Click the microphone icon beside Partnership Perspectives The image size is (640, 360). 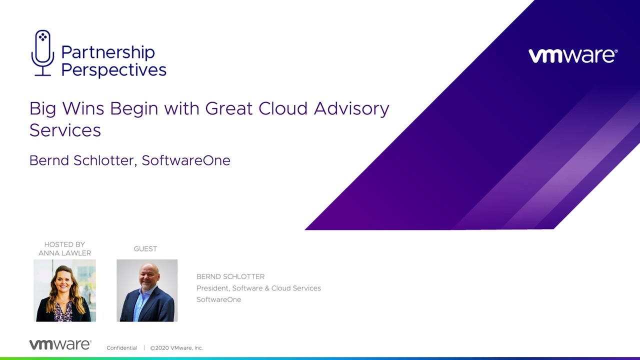tap(42, 53)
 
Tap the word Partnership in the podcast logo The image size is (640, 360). tap(108, 53)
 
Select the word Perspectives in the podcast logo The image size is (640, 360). tap(113, 70)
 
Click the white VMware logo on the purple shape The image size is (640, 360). tap(573, 55)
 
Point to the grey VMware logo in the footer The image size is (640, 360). tap(60, 344)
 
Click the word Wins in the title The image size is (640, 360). tap(83, 108)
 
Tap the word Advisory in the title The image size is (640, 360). tap(351, 109)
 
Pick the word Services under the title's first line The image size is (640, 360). tap(65, 130)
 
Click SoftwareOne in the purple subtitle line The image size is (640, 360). tap(186, 160)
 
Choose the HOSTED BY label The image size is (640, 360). tap(64, 244)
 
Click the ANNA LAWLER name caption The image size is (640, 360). tap(65, 253)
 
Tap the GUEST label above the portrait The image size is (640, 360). tap(145, 249)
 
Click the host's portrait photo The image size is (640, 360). tap(65, 290)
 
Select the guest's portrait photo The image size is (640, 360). tap(147, 290)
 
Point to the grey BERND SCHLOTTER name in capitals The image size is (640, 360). tap(230, 276)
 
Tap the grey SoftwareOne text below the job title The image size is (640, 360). tap(219, 299)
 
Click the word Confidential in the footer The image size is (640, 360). tap(121, 348)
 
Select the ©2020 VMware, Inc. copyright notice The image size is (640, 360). tap(176, 348)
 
